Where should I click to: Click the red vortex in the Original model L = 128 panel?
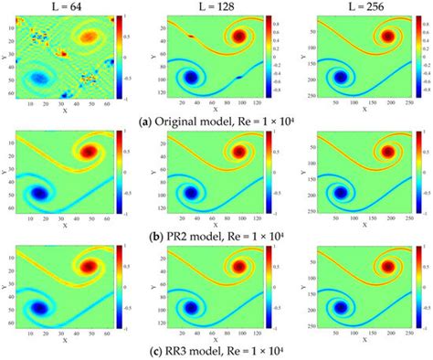click(238, 37)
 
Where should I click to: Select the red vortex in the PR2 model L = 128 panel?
click(238, 152)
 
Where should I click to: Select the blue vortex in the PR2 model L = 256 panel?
click(340, 194)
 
